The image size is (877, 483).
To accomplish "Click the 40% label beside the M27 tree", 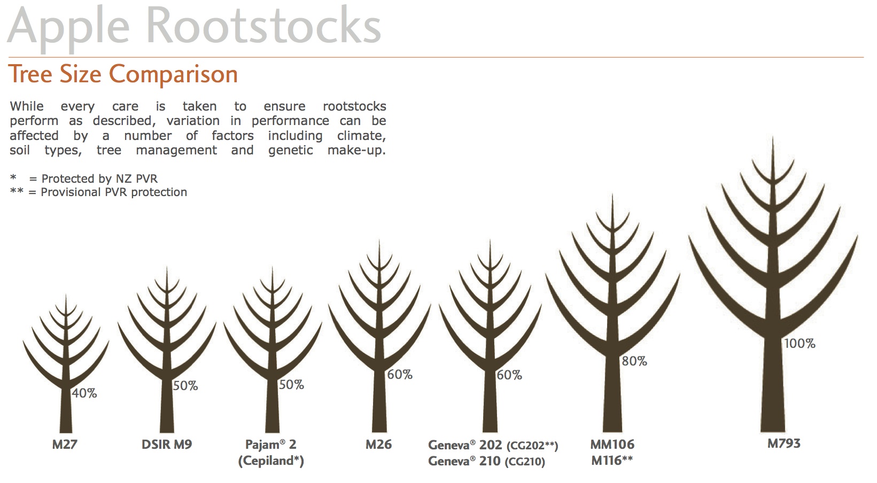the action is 84,393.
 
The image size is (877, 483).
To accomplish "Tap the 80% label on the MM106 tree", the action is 634,361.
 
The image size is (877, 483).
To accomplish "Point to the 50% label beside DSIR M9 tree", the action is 185,386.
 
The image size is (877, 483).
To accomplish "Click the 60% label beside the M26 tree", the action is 400,375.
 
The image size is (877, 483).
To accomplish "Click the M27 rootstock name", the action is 65,444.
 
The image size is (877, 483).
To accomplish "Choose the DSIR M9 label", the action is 167,444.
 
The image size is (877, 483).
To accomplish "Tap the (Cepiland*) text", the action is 271,461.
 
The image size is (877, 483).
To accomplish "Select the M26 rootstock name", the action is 378,444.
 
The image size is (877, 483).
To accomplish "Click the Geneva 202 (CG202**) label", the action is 493,445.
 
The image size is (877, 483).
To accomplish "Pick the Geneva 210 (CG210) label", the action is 486,461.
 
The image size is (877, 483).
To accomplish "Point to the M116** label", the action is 612,461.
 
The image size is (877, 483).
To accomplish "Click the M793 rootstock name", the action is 784,443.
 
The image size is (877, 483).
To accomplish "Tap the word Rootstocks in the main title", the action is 263,26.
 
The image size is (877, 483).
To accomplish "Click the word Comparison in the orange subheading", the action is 173,74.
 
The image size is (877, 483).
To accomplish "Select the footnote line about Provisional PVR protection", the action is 98,192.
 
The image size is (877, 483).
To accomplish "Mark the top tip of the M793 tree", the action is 773,137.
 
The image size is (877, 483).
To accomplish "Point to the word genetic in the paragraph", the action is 291,150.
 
